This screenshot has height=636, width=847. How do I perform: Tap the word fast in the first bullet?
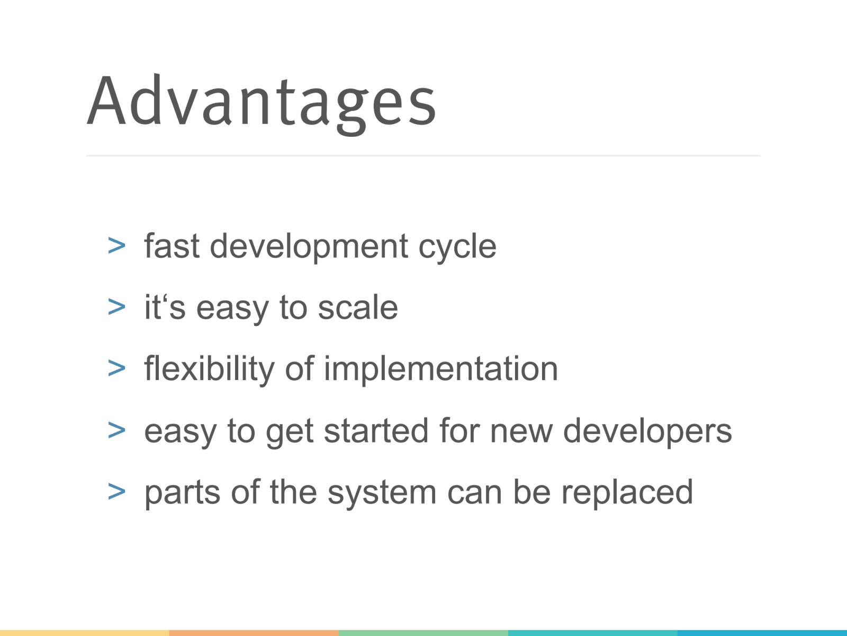pos(172,245)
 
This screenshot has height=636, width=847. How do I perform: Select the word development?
pos(309,248)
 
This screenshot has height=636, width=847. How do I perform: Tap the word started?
pos(376,430)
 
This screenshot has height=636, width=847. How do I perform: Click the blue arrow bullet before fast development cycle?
pos(116,246)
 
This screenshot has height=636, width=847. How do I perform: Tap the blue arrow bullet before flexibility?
pos(116,368)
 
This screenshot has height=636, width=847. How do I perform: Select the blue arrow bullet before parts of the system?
pos(116,492)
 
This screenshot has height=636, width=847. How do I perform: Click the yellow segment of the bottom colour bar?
pos(85,633)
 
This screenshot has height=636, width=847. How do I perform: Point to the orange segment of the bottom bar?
pos(254,633)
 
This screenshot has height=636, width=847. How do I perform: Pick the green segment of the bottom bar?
pos(424,633)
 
